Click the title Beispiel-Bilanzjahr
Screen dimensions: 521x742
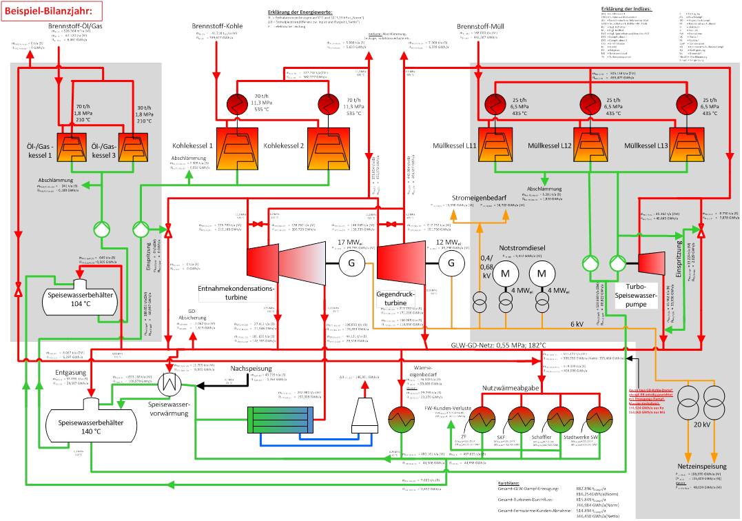pyautogui.click(x=52, y=10)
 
